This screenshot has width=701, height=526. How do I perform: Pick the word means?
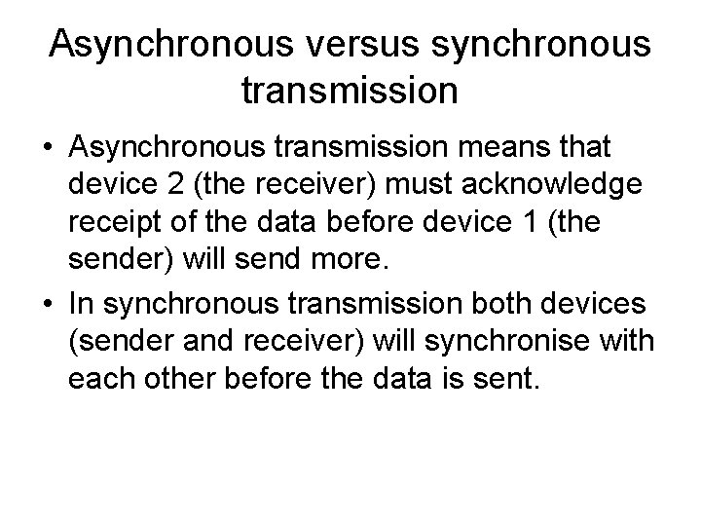coord(495,148)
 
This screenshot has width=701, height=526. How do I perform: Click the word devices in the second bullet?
coord(593,304)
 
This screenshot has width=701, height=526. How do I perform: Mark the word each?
coord(99,380)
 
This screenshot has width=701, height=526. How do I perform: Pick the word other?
coord(173,380)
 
